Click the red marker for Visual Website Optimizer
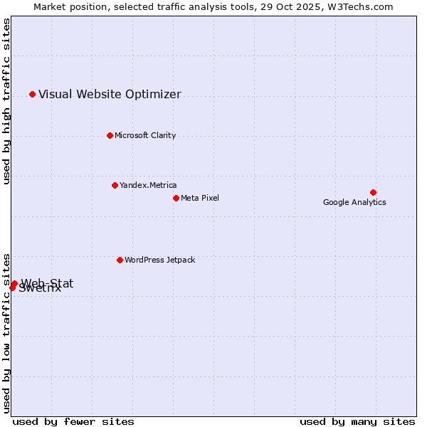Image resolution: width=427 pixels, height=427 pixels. click(x=32, y=94)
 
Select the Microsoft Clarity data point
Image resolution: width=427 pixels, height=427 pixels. click(x=110, y=135)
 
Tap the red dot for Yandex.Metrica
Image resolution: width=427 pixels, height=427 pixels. click(x=115, y=185)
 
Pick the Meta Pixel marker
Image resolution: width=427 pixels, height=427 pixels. click(x=176, y=198)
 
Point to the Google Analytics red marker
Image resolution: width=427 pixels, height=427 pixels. click(x=373, y=192)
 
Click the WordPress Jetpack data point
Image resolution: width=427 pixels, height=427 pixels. click(x=120, y=260)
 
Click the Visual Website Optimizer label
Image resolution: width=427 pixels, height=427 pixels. click(x=110, y=94)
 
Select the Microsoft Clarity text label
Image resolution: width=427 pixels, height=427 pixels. click(x=145, y=135)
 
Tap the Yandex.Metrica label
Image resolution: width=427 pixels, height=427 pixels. click(x=148, y=185)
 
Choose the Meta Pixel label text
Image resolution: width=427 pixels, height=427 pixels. click(x=200, y=198)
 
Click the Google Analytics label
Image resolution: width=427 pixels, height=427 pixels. click(x=354, y=202)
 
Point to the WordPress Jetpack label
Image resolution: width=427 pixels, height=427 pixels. click(x=159, y=260)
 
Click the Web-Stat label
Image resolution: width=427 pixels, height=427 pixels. click(x=47, y=283)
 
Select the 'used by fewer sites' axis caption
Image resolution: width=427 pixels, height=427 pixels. click(x=73, y=421)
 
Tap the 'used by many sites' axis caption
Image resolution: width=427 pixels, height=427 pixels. click(x=357, y=421)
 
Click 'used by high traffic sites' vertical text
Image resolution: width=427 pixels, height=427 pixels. click(x=6, y=101)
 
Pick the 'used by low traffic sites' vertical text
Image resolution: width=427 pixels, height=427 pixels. click(x=6, y=332)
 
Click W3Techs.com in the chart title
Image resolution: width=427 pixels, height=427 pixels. click(x=364, y=6)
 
